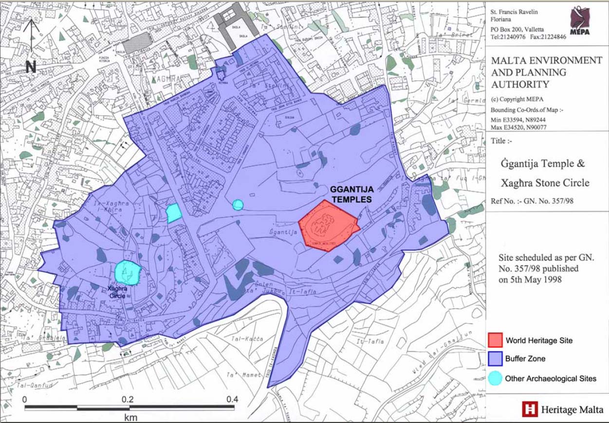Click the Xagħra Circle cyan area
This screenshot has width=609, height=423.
pyautogui.click(x=128, y=273)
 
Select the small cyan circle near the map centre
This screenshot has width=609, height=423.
pyautogui.click(x=238, y=205)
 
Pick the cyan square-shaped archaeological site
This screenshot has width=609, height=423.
pyautogui.click(x=174, y=213)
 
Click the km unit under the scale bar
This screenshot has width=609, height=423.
pyautogui.click(x=130, y=417)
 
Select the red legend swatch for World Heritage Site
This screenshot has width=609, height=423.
pyautogui.click(x=494, y=341)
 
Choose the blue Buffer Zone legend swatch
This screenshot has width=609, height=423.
pyautogui.click(x=494, y=359)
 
